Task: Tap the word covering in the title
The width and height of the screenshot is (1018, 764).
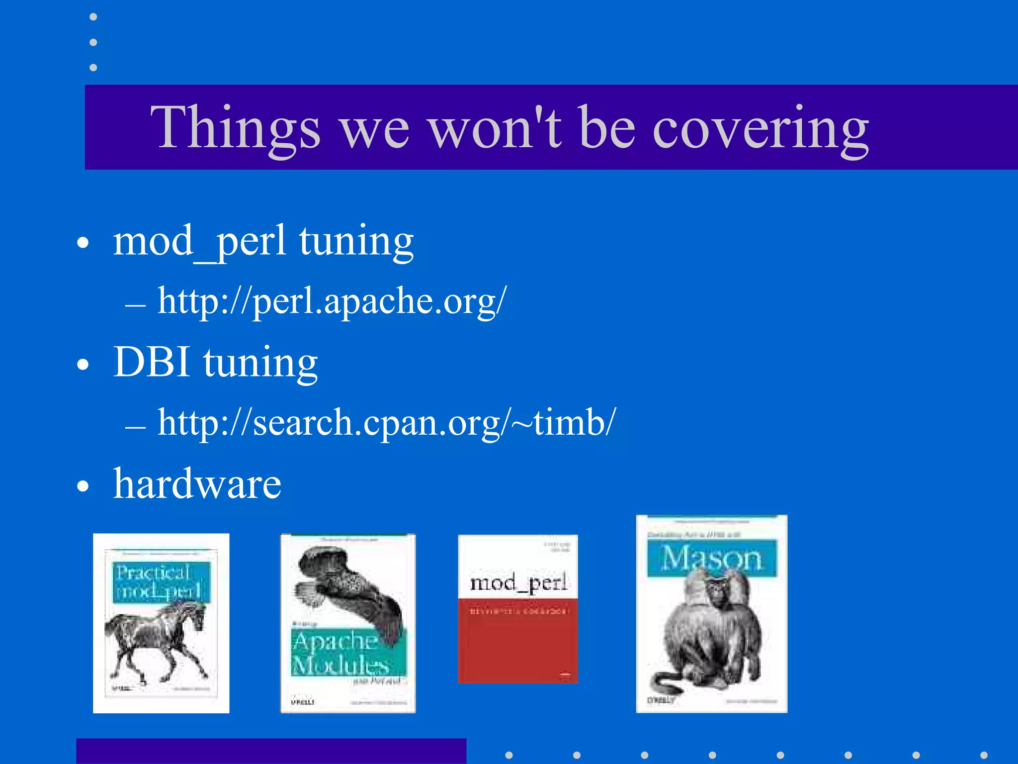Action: [761, 128]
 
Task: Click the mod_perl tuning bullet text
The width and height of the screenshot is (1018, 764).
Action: [263, 241]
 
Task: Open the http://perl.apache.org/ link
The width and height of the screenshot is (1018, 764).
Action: [332, 301]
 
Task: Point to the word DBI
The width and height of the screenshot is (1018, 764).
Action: [152, 362]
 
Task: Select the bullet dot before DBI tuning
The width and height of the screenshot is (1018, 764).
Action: [83, 364]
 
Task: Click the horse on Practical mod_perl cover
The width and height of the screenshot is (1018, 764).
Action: [157, 642]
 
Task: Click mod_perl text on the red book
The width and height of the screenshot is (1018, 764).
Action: [518, 582]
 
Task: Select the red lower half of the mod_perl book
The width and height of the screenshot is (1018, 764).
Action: [518, 647]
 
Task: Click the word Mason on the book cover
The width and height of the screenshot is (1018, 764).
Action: [711, 559]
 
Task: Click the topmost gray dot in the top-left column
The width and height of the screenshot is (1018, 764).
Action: [93, 17]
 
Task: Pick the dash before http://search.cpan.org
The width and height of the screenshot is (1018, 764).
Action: [135, 426]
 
